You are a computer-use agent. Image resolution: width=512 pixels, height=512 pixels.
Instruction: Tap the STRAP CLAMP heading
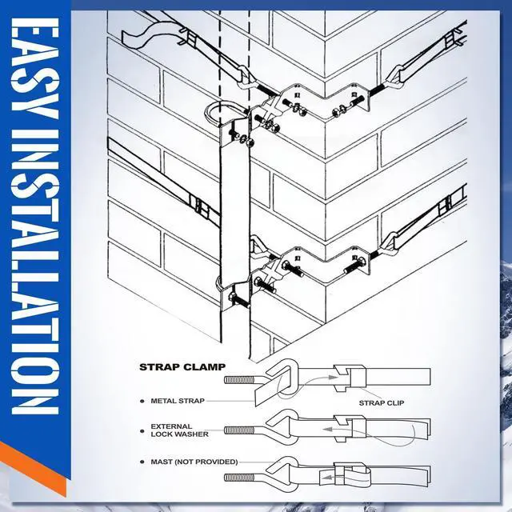[x=182, y=368]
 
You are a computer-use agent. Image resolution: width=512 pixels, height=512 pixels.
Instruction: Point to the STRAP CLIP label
[x=381, y=404]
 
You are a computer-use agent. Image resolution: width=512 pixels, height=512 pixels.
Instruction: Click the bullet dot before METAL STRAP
[x=142, y=400]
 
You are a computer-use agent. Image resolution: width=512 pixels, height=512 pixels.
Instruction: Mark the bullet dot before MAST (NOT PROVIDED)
[x=142, y=462]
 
